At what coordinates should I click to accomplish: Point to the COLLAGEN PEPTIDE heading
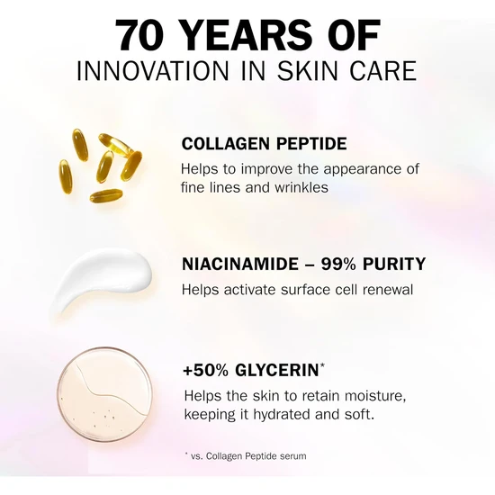(264, 144)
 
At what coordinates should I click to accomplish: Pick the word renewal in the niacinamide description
(386, 290)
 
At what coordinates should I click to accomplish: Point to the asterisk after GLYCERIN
(324, 364)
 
